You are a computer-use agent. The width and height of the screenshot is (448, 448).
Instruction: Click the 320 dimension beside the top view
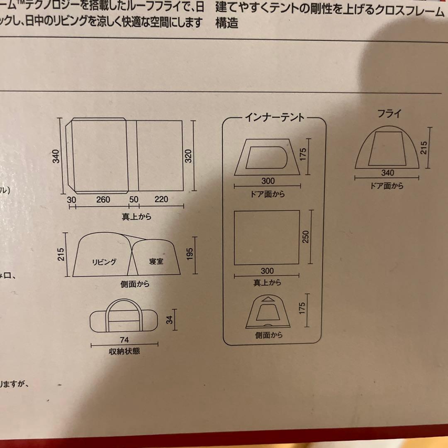tap(188, 155)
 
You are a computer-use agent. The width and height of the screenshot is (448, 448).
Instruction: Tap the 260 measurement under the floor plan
tap(103, 200)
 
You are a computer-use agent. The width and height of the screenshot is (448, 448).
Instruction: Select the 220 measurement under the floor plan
tap(161, 200)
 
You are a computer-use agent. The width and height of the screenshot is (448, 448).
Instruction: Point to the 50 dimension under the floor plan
tap(134, 200)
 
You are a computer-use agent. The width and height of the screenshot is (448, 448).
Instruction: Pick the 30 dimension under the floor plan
tap(71, 200)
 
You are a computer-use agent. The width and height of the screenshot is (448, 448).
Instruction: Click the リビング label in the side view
tap(104, 262)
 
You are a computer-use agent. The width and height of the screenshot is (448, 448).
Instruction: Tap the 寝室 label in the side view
tap(156, 262)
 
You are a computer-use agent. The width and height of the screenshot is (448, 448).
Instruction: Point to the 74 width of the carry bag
tap(124, 340)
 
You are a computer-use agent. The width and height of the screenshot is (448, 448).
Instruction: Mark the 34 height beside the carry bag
tap(169, 320)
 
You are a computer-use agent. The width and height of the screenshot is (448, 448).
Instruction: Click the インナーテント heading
tap(274, 117)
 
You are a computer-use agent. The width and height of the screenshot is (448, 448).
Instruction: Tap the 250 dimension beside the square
tap(306, 237)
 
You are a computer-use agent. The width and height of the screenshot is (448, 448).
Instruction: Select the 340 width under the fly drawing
tap(387, 173)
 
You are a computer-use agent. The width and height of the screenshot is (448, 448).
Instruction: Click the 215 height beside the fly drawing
tap(423, 148)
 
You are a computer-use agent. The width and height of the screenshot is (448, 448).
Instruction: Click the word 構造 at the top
tap(226, 24)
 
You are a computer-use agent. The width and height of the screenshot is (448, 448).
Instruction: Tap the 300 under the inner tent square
tap(267, 271)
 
